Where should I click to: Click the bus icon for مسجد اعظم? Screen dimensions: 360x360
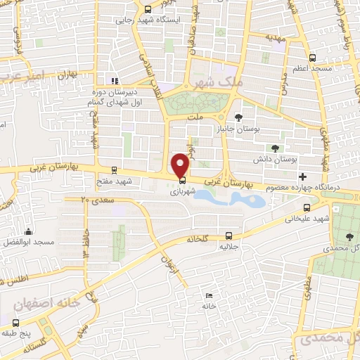(x=313, y=58)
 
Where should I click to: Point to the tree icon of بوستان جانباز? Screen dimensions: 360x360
(x=239, y=117)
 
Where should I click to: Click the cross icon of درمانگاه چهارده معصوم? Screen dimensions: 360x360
(x=302, y=176)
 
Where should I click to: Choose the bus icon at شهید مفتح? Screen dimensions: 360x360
(x=113, y=170)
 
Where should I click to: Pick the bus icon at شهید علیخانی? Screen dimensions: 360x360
(x=307, y=207)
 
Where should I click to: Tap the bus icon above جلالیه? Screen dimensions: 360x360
(x=229, y=236)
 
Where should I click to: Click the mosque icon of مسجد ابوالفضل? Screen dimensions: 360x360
(x=29, y=231)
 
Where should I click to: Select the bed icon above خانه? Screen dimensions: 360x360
(x=208, y=296)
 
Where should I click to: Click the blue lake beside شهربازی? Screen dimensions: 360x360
(x=232, y=199)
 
